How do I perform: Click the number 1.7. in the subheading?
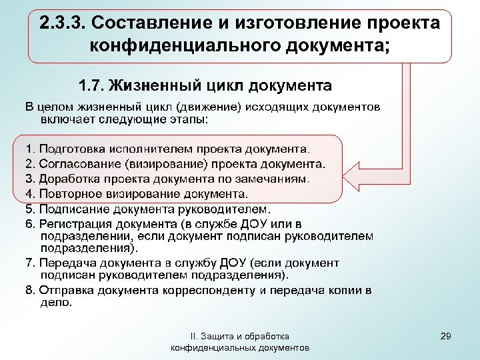click(91, 87)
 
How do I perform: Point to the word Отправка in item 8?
click(66, 291)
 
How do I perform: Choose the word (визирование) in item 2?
click(167, 163)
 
